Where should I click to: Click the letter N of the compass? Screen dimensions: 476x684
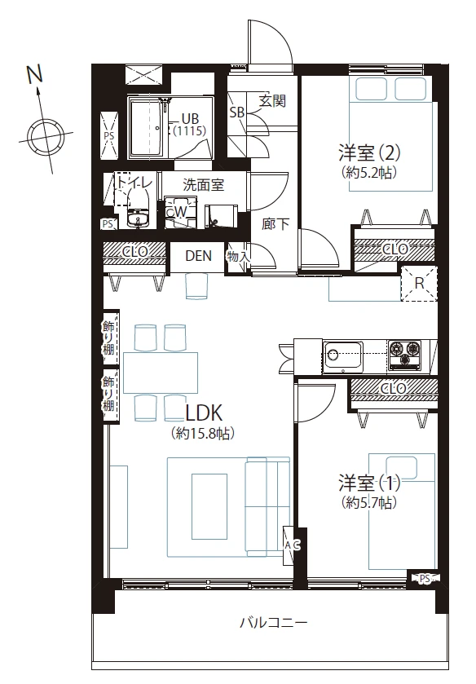[x=35, y=74]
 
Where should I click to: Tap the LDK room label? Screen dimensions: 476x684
[x=205, y=413]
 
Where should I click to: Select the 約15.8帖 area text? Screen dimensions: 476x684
[x=203, y=434]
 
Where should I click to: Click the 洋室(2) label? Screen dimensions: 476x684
[x=369, y=153]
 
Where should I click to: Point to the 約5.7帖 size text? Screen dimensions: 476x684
[x=369, y=503]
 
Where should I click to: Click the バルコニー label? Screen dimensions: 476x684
[x=273, y=622]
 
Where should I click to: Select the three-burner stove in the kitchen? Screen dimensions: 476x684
[x=405, y=355]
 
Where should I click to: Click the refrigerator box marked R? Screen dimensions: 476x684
[x=419, y=284]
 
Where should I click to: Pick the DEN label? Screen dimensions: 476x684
[x=199, y=256]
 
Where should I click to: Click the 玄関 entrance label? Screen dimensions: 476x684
[x=272, y=101]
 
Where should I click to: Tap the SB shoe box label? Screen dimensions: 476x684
[x=237, y=113]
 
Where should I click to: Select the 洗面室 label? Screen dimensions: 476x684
[x=203, y=185]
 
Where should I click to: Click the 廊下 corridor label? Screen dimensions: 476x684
[x=275, y=223]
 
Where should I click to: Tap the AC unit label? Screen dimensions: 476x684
[x=293, y=545]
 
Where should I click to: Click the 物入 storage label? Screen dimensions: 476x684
[x=238, y=257]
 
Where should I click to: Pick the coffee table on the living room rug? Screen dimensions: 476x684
[x=209, y=506]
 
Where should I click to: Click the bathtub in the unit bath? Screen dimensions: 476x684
[x=145, y=128]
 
